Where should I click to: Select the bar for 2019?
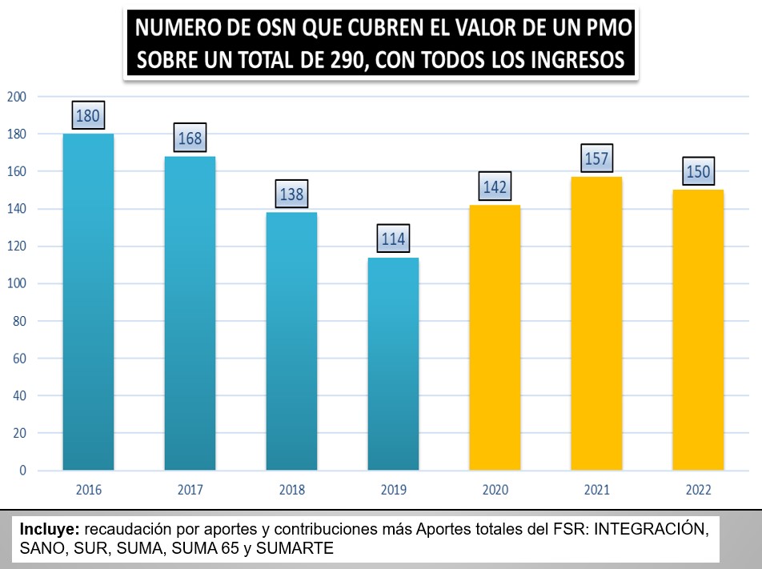click(x=393, y=363)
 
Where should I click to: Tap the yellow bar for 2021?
click(x=596, y=323)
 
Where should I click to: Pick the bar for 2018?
click(x=291, y=341)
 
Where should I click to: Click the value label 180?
click(x=87, y=116)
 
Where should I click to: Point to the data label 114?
click(x=393, y=238)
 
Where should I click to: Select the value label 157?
click(x=596, y=159)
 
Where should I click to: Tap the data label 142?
click(x=495, y=187)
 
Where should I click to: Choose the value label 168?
click(x=190, y=139)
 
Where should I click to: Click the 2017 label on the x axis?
click(x=190, y=490)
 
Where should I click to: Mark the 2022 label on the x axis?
click(x=698, y=490)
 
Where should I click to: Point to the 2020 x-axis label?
click(x=495, y=490)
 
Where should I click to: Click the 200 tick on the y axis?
click(x=17, y=97)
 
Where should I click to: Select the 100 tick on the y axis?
click(x=17, y=283)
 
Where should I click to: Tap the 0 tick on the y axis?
click(x=22, y=471)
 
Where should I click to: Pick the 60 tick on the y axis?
click(x=19, y=359)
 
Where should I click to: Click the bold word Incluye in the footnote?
click(x=49, y=529)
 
